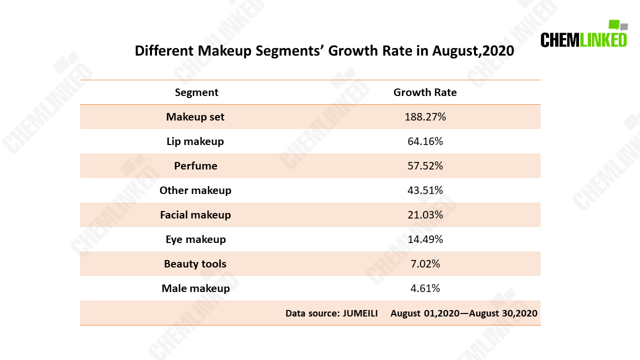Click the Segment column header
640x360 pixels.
(x=196, y=92)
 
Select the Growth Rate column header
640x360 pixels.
(x=425, y=92)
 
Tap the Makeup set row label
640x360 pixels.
(x=195, y=117)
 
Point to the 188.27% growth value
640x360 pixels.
(x=425, y=117)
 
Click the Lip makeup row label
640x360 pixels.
(x=195, y=141)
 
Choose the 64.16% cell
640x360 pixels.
(x=425, y=141)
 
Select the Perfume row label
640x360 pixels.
(x=195, y=165)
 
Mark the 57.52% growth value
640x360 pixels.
(x=425, y=165)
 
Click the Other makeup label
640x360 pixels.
(x=195, y=190)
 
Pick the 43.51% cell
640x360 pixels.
(x=425, y=190)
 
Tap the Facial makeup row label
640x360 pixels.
(x=195, y=215)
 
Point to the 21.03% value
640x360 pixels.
(x=425, y=215)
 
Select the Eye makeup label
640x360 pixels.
(x=195, y=239)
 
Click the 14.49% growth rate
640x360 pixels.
(x=425, y=239)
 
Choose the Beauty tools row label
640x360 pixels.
(x=195, y=263)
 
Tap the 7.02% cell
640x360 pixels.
(x=425, y=263)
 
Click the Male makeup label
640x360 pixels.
(x=195, y=288)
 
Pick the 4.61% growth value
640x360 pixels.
(x=425, y=288)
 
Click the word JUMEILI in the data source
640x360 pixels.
(x=360, y=313)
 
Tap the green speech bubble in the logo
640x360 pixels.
(x=613, y=24)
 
